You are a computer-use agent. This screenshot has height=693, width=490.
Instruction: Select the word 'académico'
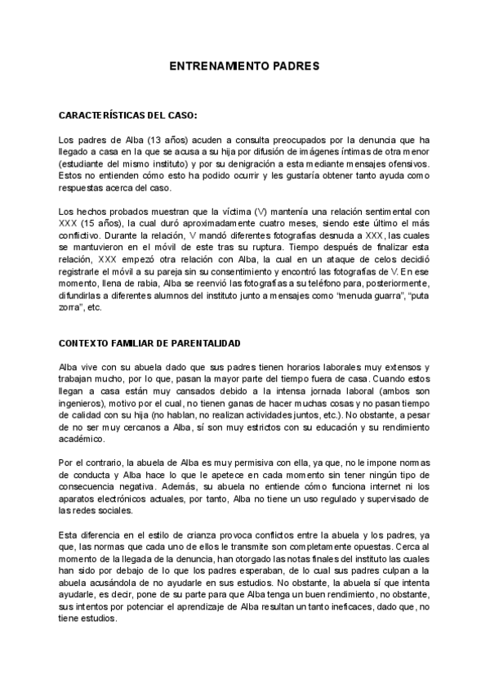82,439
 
